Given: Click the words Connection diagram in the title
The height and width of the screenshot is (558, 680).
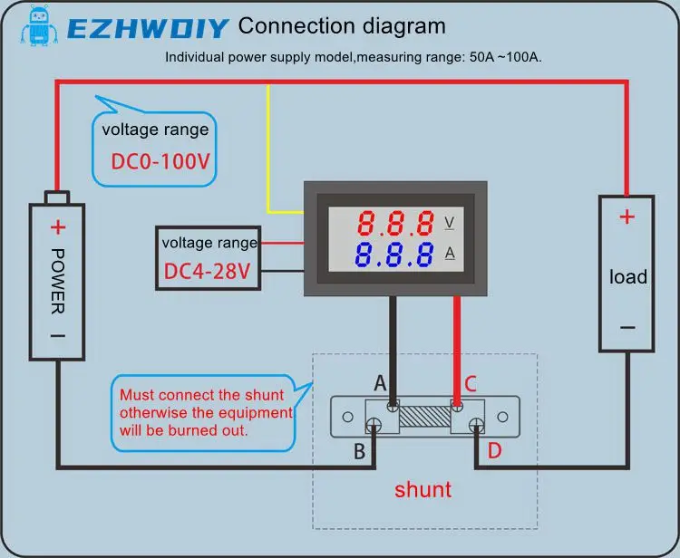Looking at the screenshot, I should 342,26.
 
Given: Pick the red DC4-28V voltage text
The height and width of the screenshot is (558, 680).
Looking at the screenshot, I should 210,270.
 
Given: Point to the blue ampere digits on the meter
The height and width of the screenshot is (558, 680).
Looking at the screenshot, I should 394,255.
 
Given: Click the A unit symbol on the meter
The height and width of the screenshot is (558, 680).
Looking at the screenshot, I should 450,254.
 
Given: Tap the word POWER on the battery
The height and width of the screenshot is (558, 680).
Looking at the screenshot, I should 58,281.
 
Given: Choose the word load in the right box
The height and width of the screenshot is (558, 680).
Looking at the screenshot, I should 627,276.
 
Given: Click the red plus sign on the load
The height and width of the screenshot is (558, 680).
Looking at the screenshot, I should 627,216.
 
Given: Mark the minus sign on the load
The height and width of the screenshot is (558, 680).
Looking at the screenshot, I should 627,328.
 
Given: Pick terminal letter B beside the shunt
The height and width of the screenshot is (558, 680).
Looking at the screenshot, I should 359,450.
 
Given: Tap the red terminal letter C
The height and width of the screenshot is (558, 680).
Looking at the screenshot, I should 470,383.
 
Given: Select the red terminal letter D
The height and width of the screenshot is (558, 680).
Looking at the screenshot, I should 493,450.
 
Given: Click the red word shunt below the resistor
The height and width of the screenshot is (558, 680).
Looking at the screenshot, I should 423,490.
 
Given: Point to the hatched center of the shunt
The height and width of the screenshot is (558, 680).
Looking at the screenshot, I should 423,418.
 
